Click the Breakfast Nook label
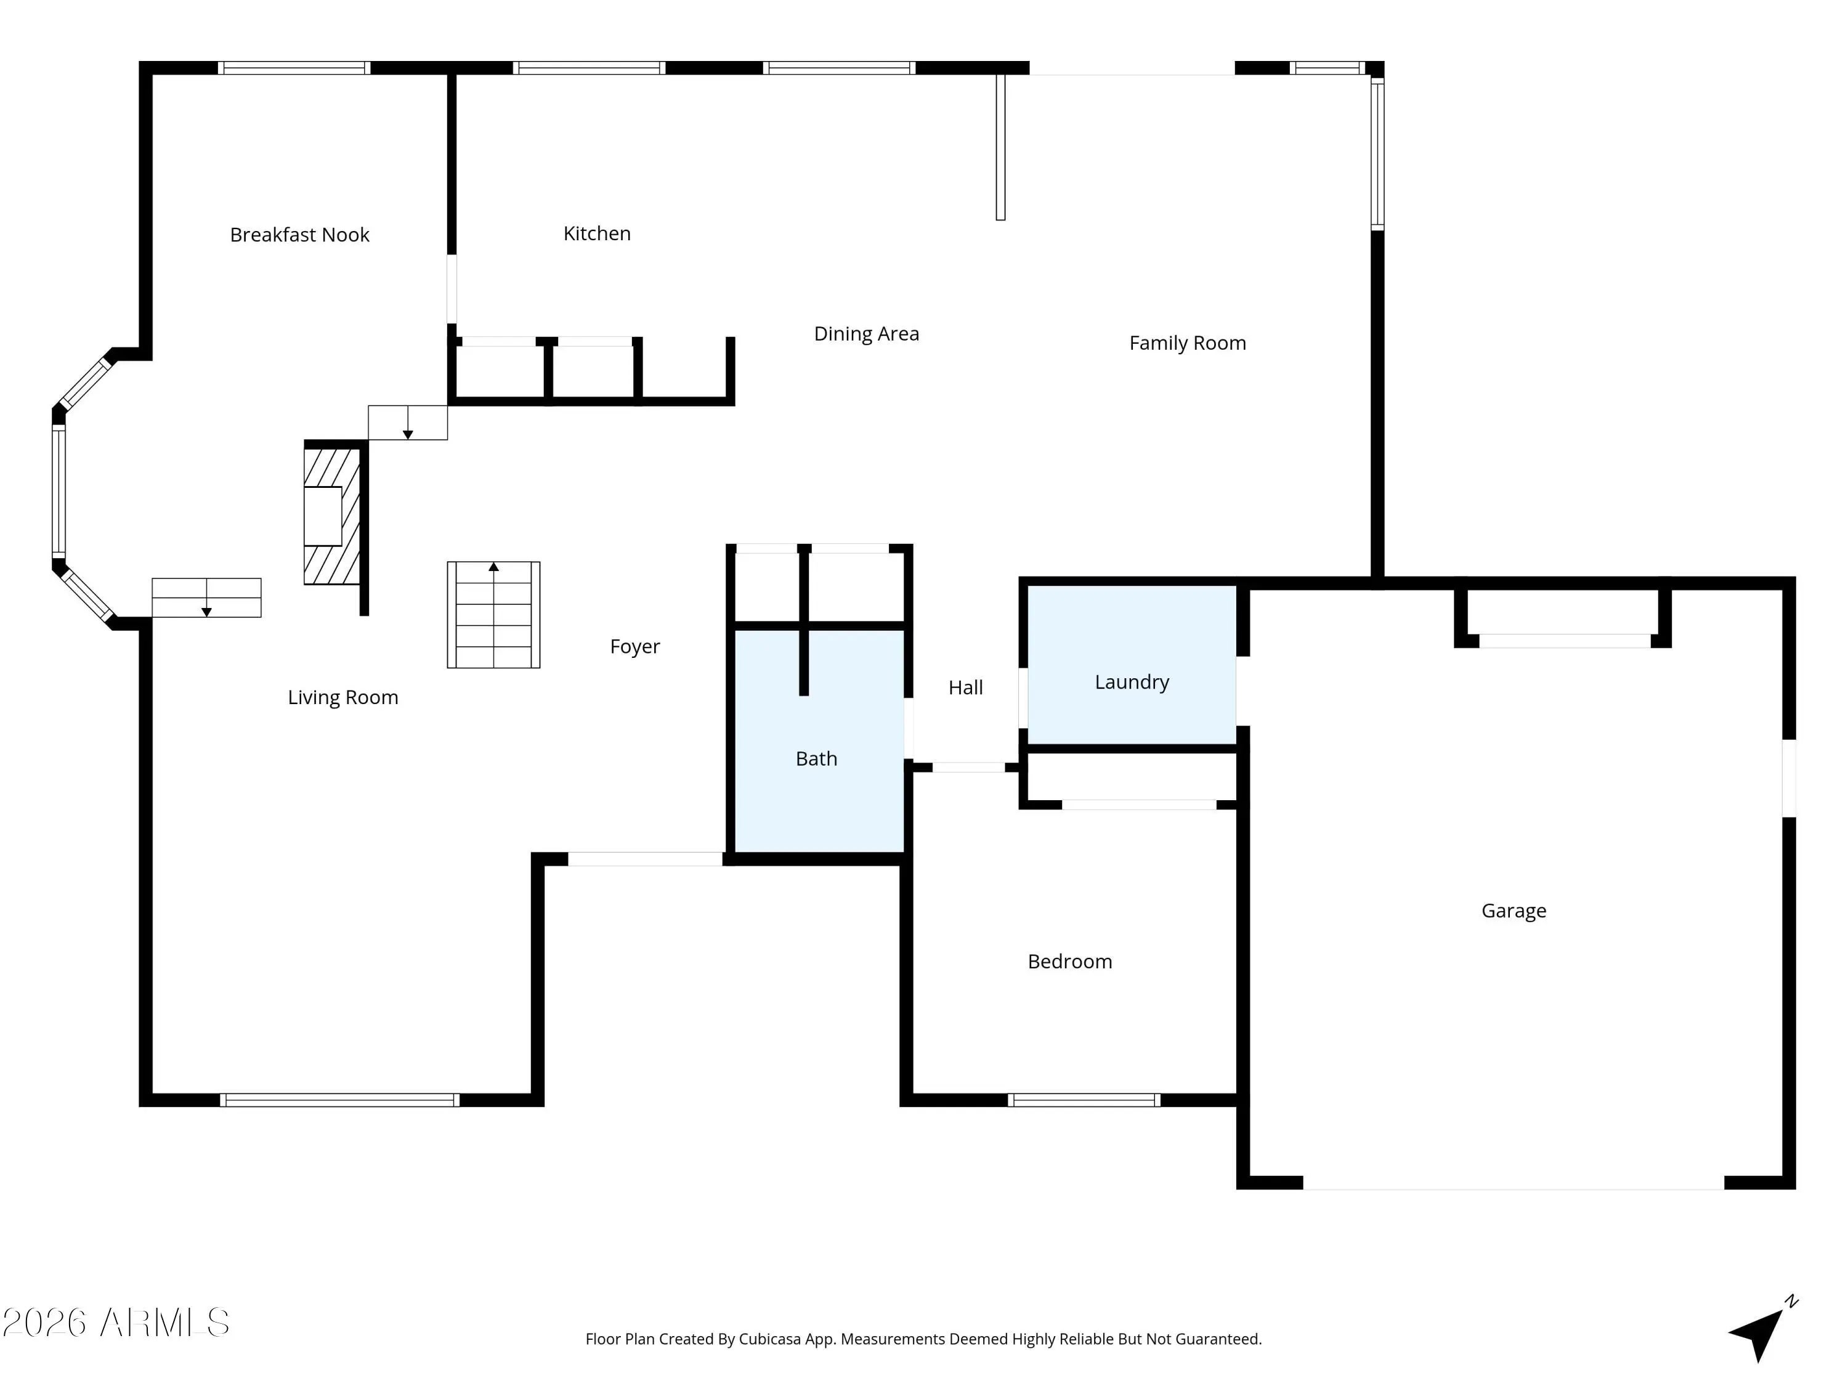pos(299,235)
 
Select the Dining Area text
pos(866,333)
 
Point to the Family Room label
pos(1187,342)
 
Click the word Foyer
pos(635,647)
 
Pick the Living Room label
pos(342,697)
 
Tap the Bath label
pos(816,758)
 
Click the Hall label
pos(966,687)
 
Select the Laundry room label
pos(1132,682)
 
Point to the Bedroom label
pos(1070,962)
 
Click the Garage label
pos(1514,910)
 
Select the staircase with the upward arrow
pos(494,615)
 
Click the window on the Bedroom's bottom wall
pos(1084,1100)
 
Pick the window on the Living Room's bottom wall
pos(339,1100)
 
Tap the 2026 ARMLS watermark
pos(116,1323)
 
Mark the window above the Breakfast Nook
pos(294,68)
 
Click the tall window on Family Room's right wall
pos(1377,153)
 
